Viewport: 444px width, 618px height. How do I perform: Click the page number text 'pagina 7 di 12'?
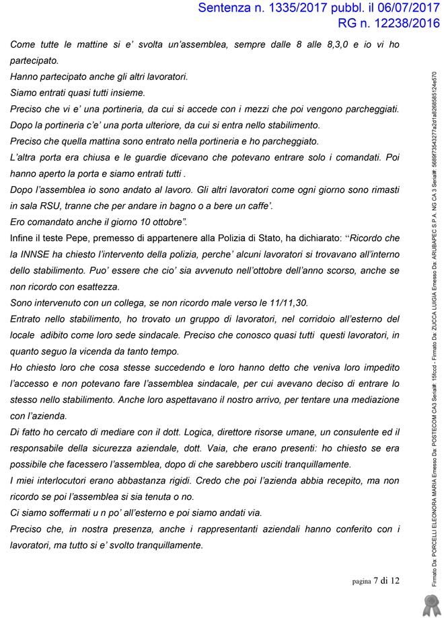tap(375, 581)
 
